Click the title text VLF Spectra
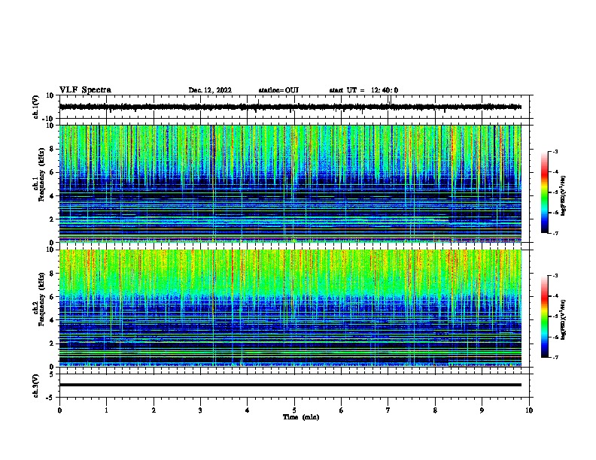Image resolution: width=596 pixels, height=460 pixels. point(85,90)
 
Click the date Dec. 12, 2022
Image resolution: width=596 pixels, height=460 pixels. point(210,90)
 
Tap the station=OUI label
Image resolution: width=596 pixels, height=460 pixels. point(278,90)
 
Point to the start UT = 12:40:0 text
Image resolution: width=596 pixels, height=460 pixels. point(363,90)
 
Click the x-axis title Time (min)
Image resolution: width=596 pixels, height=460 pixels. point(300,417)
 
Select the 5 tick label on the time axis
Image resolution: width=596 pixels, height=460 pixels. point(294,410)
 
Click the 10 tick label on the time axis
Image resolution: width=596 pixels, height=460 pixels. point(529,410)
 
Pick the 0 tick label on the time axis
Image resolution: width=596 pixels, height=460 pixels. point(59,410)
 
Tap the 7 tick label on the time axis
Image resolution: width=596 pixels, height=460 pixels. point(388,410)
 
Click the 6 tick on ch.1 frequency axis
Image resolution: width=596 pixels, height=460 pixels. point(53,172)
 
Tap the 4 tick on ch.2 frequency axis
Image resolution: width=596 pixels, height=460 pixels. point(53,319)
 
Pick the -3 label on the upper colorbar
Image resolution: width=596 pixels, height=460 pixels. point(556,152)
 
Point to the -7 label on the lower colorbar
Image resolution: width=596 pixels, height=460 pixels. point(556,358)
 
